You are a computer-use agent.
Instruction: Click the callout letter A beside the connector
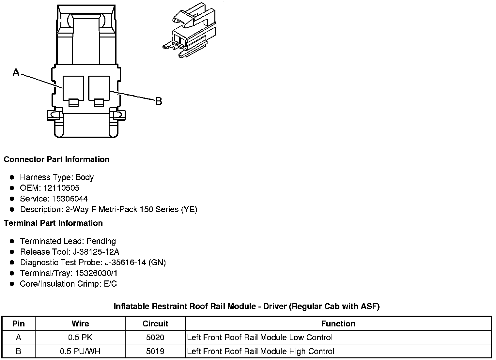coord(16,72)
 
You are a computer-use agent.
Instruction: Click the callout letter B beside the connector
coord(159,101)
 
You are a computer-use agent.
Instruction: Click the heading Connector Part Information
coord(56,159)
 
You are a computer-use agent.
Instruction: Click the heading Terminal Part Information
coord(53,223)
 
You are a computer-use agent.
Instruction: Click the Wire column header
coord(80,323)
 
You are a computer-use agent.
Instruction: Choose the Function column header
coord(338,323)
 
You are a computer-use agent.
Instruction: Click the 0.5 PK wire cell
coord(80,337)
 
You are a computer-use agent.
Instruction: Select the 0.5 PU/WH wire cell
coord(80,351)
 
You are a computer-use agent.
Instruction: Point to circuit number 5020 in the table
coord(155,337)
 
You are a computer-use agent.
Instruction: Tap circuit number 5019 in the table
coord(155,351)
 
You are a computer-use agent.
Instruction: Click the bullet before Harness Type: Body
coord(12,177)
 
